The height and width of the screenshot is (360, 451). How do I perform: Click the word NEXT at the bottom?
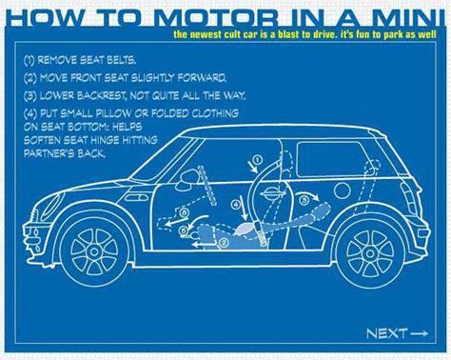[385, 332]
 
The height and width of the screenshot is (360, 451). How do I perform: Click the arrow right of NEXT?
[420, 332]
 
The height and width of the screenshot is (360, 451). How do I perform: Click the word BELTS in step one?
[126, 58]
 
